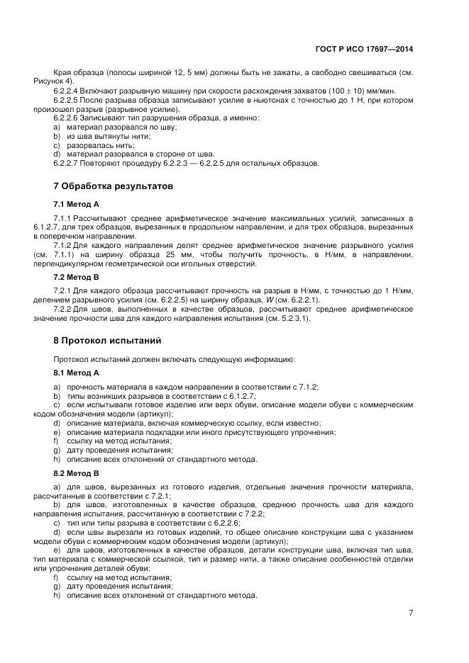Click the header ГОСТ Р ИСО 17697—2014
click(364, 50)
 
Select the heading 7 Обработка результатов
click(114, 186)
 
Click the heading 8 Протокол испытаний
click(107, 340)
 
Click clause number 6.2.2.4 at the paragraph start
click(68, 92)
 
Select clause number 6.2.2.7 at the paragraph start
click(68, 164)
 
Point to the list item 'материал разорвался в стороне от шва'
click(139, 154)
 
